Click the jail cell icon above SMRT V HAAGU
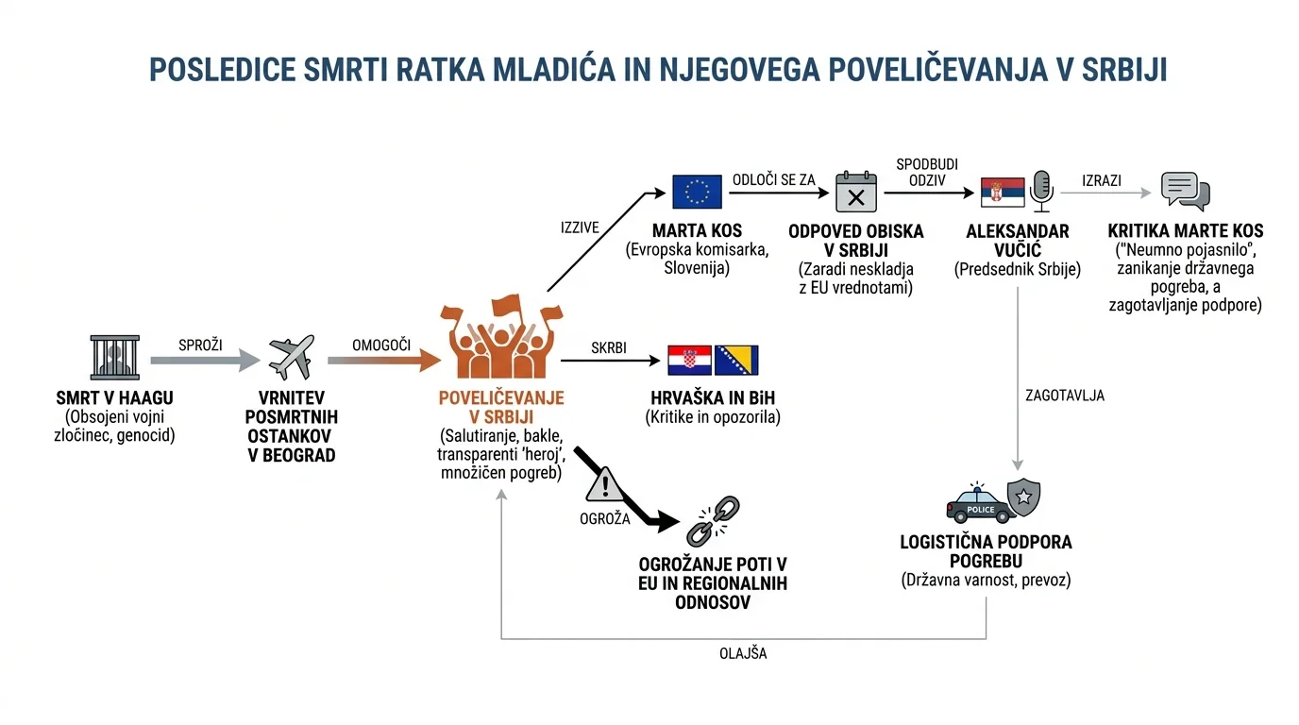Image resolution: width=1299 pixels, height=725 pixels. pyautogui.click(x=115, y=357)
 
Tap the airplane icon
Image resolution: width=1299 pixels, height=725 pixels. pyautogui.click(x=292, y=357)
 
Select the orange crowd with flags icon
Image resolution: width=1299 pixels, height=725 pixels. pyautogui.click(x=501, y=336)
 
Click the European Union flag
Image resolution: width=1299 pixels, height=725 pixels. pyautogui.click(x=697, y=192)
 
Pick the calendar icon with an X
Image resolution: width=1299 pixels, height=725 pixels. pyautogui.click(x=856, y=192)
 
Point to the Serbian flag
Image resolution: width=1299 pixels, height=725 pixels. pyautogui.click(x=1003, y=192)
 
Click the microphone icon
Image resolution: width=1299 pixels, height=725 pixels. pyautogui.click(x=1041, y=192)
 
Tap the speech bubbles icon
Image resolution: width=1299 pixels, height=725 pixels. pyautogui.click(x=1186, y=191)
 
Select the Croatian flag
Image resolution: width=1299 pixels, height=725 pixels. pyautogui.click(x=689, y=361)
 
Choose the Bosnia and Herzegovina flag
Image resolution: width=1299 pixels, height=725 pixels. pyautogui.click(x=736, y=361)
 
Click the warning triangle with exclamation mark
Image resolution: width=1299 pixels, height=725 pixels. pyautogui.click(x=604, y=484)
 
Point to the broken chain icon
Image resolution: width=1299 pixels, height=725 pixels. pyautogui.click(x=713, y=521)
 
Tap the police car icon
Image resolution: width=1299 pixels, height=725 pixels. pyautogui.click(x=980, y=503)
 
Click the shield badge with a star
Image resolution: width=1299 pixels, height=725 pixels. pyautogui.click(x=1023, y=497)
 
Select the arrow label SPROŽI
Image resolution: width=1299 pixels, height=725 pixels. pyautogui.click(x=200, y=346)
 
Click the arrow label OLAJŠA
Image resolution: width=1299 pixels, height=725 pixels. pyautogui.click(x=743, y=653)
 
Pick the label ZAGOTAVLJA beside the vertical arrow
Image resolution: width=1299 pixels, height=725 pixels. pyautogui.click(x=1065, y=396)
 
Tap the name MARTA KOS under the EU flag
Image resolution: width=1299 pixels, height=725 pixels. pyautogui.click(x=697, y=231)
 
